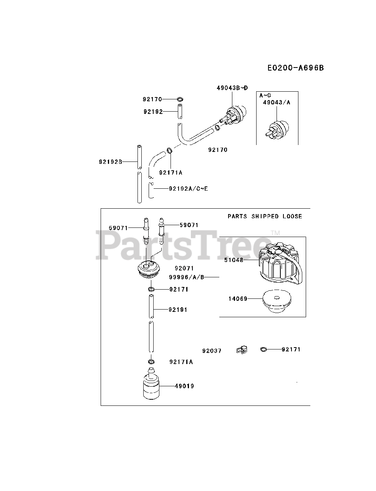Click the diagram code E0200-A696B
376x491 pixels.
click(296, 68)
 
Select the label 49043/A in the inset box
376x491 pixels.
click(277, 102)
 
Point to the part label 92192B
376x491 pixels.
click(110, 161)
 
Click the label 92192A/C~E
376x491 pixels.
click(189, 188)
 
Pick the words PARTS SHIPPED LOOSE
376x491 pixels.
click(265, 216)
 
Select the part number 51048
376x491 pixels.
click(234, 260)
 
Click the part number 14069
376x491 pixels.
click(238, 298)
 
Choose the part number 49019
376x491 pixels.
click(184, 386)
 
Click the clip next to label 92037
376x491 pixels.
click(242, 349)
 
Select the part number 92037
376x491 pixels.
click(212, 351)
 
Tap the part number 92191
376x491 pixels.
click(178, 309)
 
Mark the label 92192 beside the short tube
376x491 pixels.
click(153, 112)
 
